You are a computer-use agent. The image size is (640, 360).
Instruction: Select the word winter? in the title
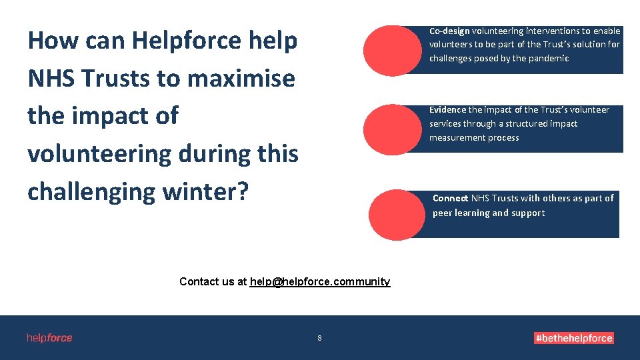[x=205, y=191]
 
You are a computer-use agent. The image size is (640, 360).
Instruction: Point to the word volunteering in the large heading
[x=99, y=154]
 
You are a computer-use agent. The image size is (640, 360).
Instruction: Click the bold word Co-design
[x=449, y=31]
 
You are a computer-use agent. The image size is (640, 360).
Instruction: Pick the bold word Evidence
[x=447, y=110]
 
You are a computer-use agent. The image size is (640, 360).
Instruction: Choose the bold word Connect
[x=450, y=198]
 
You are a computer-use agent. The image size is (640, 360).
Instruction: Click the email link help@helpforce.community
[x=319, y=281]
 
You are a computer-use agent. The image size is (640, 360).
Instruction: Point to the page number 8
[x=319, y=338]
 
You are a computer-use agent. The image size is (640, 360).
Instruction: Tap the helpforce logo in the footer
[x=49, y=338]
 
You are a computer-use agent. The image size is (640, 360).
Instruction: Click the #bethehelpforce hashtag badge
[x=573, y=338]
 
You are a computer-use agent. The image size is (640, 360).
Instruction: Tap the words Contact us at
[x=213, y=281]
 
